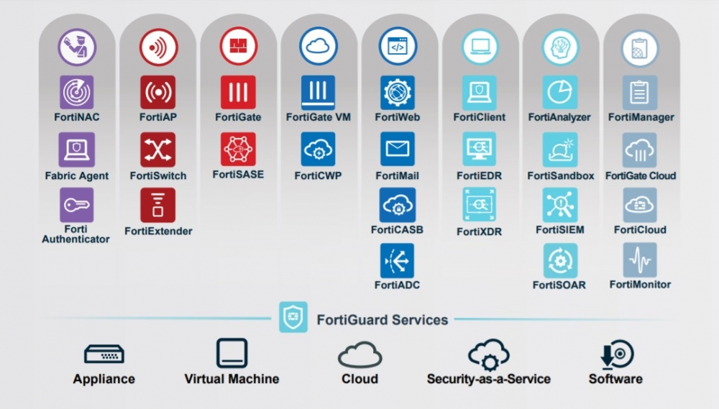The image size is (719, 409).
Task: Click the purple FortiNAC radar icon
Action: [x=77, y=92]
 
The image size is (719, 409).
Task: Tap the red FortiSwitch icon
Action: [x=157, y=150]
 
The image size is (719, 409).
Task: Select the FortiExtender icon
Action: [x=157, y=205]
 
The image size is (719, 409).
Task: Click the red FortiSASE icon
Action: [x=238, y=150]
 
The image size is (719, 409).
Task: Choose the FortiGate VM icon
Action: [x=319, y=92]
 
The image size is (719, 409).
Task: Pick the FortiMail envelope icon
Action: [x=398, y=150]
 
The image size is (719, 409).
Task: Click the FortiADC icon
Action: [x=398, y=260]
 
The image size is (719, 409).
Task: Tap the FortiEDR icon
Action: [x=479, y=150]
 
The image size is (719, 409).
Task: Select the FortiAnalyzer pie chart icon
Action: [x=559, y=92]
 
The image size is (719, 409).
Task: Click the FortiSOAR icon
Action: [x=559, y=260]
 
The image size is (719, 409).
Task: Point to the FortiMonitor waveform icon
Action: [x=640, y=260]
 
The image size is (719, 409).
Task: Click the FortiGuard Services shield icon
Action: [x=293, y=317]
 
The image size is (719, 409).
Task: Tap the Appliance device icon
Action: [x=104, y=354]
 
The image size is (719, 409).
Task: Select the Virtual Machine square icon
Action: [x=232, y=354]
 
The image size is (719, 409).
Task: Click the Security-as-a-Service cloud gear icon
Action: [x=489, y=354]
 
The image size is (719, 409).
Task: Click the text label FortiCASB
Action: [x=397, y=230]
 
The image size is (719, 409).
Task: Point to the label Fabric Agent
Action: [x=77, y=176]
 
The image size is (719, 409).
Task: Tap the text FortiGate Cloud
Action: [x=640, y=176]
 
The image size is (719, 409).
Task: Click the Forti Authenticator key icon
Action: [x=77, y=205]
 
